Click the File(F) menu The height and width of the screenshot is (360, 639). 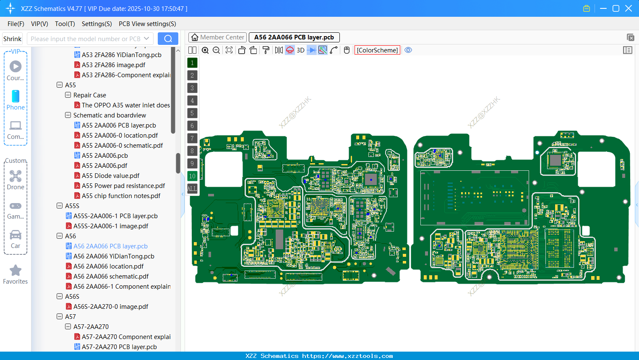pos(16,24)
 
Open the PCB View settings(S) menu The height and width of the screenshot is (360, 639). pos(147,24)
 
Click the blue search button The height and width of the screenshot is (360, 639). pos(168,39)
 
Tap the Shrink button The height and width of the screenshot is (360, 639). pos(12,39)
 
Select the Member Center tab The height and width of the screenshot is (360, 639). pos(217,37)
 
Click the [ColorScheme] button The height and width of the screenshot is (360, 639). pos(377,50)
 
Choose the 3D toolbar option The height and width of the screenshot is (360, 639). pos(300,50)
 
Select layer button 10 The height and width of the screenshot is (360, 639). pos(192,176)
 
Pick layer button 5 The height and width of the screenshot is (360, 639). pos(192,113)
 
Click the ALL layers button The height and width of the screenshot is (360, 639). pos(192,189)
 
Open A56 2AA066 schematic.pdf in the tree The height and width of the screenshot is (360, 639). pos(111,277)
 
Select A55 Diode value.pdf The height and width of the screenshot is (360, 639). pos(110,176)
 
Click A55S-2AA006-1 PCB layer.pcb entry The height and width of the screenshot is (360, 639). pos(115,216)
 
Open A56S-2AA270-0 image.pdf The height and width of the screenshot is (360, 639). pos(111,307)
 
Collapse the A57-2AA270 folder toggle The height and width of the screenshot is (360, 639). pos(68,326)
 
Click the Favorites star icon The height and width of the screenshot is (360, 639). pos(16,271)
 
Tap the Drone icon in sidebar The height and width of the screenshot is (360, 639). pos(16,176)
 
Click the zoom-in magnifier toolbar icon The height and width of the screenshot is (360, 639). pos(205,50)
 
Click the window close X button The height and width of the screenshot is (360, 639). pos(628,8)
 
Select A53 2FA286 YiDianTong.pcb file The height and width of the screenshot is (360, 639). pos(121,55)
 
